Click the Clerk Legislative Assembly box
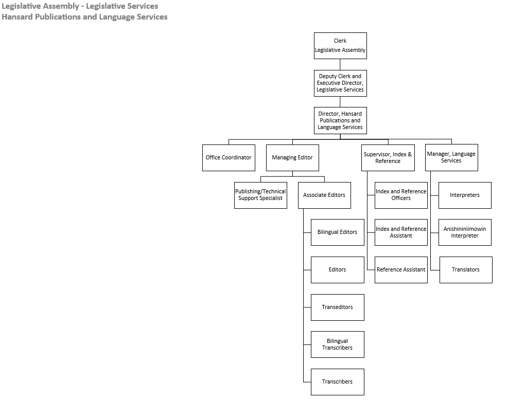click(340, 46)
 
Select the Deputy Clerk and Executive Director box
click(340, 83)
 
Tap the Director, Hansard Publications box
click(340, 120)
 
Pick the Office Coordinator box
click(229, 157)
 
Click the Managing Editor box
click(292, 157)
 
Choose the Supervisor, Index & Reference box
click(388, 157)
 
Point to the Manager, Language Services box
click(451, 157)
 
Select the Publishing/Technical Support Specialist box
click(260, 195)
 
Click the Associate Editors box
click(324, 195)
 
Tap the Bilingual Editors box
click(337, 232)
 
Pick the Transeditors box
click(337, 307)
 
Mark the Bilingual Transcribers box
click(337, 344)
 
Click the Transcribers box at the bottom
click(337, 381)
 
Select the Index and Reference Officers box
click(401, 195)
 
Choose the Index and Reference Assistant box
click(401, 232)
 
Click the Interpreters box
click(465, 195)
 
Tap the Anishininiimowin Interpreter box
click(465, 232)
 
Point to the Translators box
click(466, 269)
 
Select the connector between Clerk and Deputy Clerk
click(340, 65)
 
